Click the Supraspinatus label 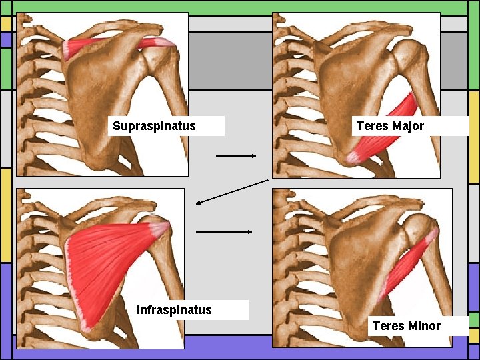(x=155, y=126)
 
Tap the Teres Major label (x=390, y=126)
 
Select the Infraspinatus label (x=174, y=309)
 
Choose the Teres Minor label (x=406, y=325)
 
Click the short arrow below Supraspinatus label (x=236, y=156)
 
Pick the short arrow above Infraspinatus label (x=224, y=232)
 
